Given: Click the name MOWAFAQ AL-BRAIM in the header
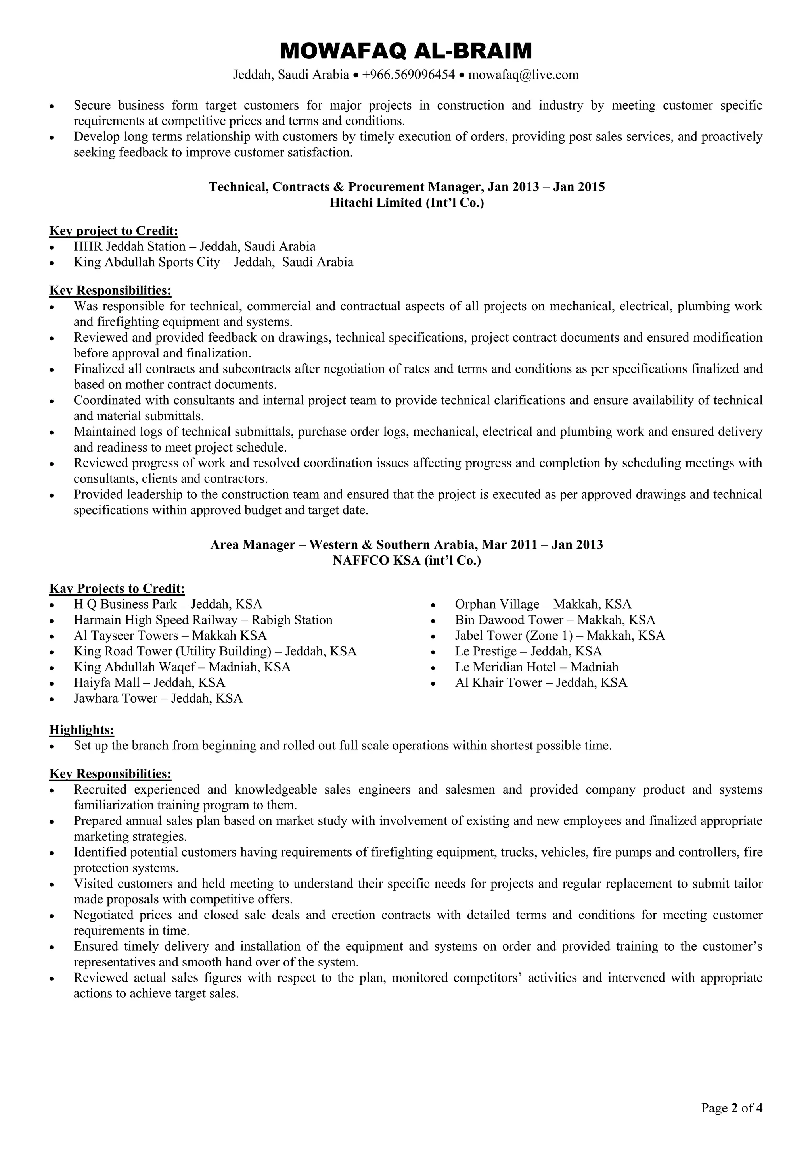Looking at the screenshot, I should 406,51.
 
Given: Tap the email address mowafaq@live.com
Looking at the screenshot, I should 523,75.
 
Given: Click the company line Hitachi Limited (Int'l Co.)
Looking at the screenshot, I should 406,203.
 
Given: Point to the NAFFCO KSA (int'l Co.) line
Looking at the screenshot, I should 406,561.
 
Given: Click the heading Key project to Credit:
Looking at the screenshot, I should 113,231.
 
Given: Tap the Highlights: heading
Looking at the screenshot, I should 82,730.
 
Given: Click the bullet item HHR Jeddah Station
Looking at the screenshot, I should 195,246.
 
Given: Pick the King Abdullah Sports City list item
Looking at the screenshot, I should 213,262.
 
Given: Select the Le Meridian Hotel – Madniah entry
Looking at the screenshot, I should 536,667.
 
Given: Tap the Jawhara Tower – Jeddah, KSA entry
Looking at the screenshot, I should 158,698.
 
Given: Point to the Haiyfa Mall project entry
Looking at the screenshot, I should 149,682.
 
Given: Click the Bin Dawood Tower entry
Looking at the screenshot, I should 555,620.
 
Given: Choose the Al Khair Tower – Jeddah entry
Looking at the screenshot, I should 540,682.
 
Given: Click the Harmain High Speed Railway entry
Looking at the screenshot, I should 203,620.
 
